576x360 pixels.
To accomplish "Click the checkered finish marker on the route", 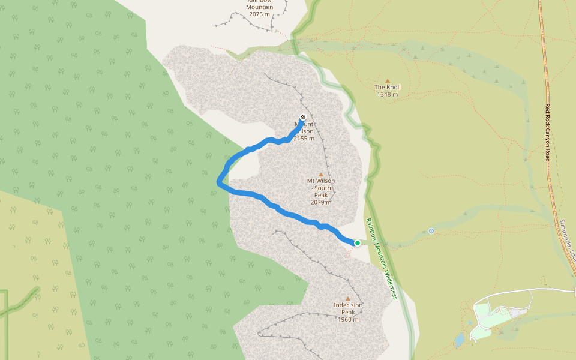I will tap(302, 117).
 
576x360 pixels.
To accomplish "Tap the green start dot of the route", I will tap(358, 243).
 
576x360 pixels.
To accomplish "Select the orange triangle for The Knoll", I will tap(388, 80).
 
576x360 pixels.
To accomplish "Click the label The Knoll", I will tap(388, 88).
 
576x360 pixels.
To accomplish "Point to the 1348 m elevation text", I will tap(388, 95).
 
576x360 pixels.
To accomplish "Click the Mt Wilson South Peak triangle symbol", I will tap(321, 174).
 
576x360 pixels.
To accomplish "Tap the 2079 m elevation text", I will tap(321, 202).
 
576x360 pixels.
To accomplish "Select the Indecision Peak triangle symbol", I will tap(348, 298).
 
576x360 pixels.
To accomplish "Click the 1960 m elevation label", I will tap(348, 319).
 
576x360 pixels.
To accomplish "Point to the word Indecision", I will tap(348, 305).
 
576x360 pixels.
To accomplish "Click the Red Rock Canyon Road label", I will tap(548, 132).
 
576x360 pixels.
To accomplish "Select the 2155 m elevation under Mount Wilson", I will tap(304, 139).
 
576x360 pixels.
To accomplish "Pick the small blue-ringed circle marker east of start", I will tap(431, 230).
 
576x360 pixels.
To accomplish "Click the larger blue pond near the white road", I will tap(460, 341).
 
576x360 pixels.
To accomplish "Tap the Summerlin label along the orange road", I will tap(567, 237).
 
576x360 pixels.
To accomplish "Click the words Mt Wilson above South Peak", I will tap(321, 181).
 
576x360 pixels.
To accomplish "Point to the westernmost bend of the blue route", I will tap(219, 181).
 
